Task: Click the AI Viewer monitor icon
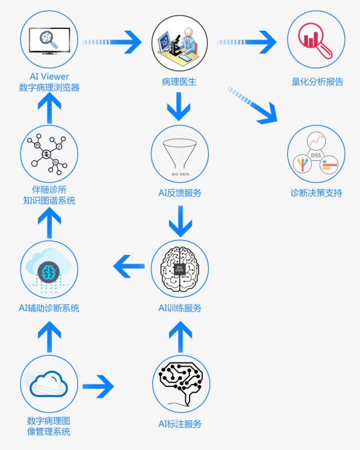coord(49,42)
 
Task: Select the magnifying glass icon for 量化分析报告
coord(316,42)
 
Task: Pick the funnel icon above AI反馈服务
coord(179,155)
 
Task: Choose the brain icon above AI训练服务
coord(179,268)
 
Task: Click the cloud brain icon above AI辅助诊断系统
coord(49,268)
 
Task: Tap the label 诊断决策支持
coord(316,194)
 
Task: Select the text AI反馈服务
coord(179,193)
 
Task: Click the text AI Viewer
coord(49,77)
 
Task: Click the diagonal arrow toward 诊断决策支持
coord(252,104)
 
